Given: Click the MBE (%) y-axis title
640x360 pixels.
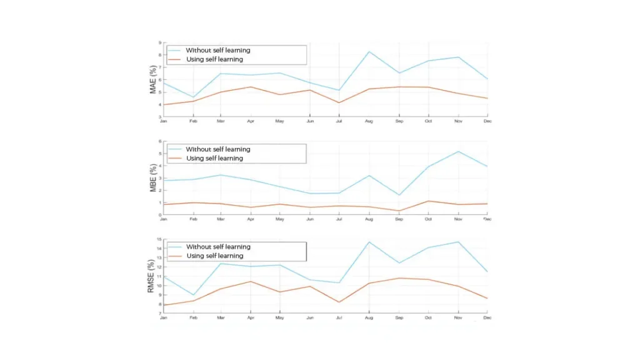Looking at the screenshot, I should pyautogui.click(x=153, y=178).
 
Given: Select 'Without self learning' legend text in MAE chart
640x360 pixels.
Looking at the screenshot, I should pyautogui.click(x=217, y=50).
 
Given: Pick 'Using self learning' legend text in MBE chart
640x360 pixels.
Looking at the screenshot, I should pyautogui.click(x=214, y=158).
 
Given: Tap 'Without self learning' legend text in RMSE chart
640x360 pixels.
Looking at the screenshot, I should pyautogui.click(x=217, y=247).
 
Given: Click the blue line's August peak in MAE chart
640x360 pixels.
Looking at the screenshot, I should pyautogui.click(x=369, y=51).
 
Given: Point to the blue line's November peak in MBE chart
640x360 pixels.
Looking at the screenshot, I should pyautogui.click(x=458, y=151).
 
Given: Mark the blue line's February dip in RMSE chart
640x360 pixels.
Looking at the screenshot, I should pyautogui.click(x=193, y=295).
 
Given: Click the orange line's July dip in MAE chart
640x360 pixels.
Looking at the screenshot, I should pyautogui.click(x=339, y=102).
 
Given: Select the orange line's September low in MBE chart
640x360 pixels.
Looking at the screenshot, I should pyautogui.click(x=399, y=211).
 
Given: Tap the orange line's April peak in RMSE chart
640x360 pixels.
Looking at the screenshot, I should pyautogui.click(x=251, y=281).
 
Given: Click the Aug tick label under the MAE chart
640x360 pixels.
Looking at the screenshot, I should pyautogui.click(x=369, y=121).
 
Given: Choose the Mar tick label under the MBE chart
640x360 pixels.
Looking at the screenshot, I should pyautogui.click(x=222, y=219).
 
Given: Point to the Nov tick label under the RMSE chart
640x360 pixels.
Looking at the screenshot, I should pyautogui.click(x=458, y=318).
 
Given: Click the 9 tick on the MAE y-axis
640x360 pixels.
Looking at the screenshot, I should pyautogui.click(x=159, y=43).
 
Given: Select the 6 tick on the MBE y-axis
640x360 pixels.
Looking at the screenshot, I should pyautogui.click(x=159, y=141).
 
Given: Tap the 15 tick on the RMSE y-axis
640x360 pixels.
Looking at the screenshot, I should pyautogui.click(x=159, y=239).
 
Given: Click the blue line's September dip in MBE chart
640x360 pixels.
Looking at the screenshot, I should pyautogui.click(x=399, y=195).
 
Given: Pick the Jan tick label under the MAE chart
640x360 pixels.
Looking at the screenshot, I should pyautogui.click(x=163, y=121).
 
